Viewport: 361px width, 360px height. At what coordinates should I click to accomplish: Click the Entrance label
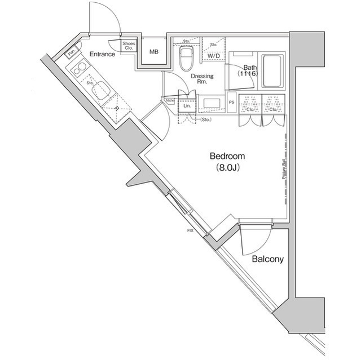[102, 54]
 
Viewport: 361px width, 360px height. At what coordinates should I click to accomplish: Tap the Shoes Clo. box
[129, 46]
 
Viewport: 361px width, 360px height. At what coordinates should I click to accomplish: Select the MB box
[153, 52]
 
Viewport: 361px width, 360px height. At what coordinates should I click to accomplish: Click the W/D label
[213, 56]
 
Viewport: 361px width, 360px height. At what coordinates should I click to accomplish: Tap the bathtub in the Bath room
[272, 70]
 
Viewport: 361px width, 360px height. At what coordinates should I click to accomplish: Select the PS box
[231, 102]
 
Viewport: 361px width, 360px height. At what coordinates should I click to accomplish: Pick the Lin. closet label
[187, 105]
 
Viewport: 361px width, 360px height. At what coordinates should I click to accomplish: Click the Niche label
[170, 101]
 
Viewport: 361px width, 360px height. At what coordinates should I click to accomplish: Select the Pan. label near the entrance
[72, 53]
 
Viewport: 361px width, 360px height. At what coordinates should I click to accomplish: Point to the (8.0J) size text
[228, 167]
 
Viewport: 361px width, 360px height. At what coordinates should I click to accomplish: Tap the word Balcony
[267, 259]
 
